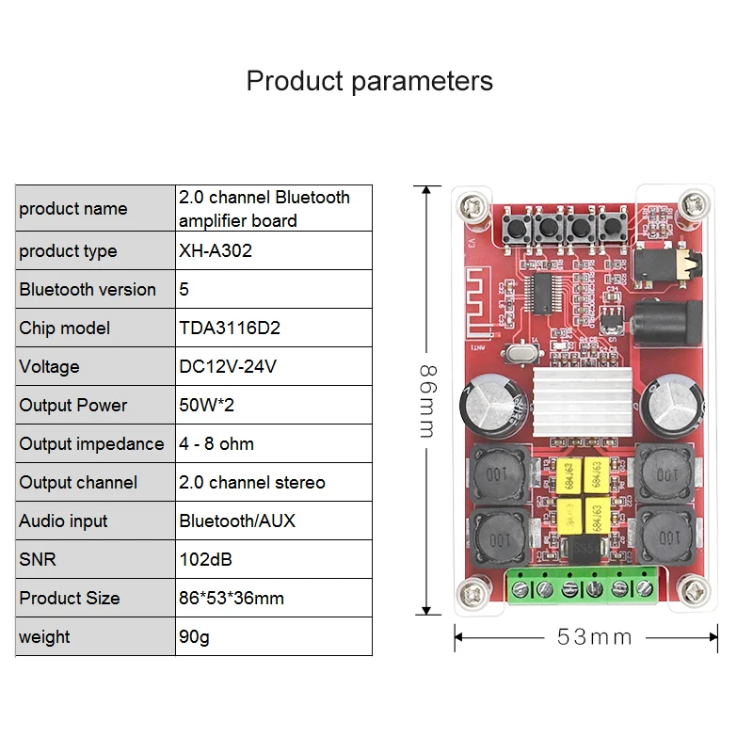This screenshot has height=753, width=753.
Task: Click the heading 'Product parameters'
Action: [x=369, y=81]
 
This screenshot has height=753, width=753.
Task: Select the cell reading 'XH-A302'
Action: [x=216, y=251]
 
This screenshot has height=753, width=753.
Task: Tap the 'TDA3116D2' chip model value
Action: [x=230, y=328]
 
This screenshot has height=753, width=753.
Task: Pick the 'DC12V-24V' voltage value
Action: [x=228, y=367]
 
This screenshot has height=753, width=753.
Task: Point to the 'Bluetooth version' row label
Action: [x=88, y=290]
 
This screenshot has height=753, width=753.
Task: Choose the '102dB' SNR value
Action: [x=205, y=560]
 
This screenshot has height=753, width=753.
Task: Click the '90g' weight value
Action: [x=194, y=637]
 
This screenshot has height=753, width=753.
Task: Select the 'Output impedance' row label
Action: [x=91, y=444]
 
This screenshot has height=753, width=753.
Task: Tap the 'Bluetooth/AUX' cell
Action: [x=237, y=521]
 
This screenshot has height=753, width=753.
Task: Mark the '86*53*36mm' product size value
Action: [x=232, y=599]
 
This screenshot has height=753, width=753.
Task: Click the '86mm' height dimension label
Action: [x=426, y=400]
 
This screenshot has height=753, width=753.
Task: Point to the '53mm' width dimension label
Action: [x=594, y=637]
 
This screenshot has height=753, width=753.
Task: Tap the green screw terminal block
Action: [x=580, y=587]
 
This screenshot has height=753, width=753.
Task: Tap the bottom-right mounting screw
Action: [x=697, y=592]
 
